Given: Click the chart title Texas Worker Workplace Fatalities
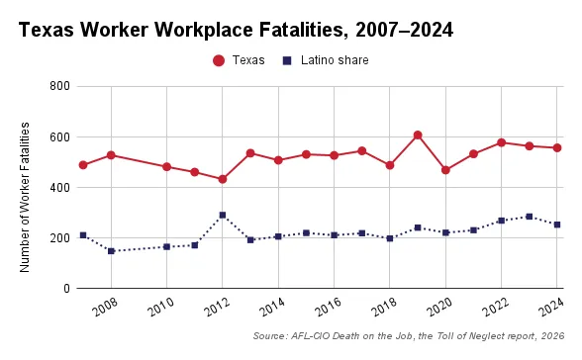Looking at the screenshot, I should [x=236, y=30].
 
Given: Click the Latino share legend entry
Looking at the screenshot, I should [x=326, y=60].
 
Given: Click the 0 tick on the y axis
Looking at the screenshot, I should [x=64, y=288].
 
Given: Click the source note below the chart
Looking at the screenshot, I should [x=409, y=337].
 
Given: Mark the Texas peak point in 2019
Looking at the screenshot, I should [x=418, y=135].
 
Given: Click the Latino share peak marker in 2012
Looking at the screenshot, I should [x=223, y=215].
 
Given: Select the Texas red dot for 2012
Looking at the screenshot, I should [x=223, y=179].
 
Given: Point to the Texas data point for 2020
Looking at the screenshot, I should [x=445, y=170].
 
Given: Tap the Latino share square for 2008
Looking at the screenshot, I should [x=111, y=251].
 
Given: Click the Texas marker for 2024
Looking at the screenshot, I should [x=557, y=148].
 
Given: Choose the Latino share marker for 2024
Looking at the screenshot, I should [x=557, y=225].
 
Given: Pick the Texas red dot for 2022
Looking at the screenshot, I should [x=502, y=142].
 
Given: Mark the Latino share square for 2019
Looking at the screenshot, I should [x=418, y=227].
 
